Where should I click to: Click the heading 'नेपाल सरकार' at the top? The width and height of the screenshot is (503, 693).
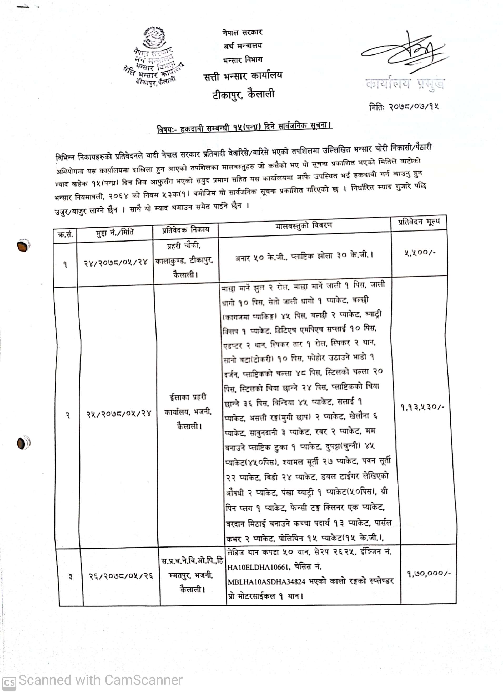coord(242,32)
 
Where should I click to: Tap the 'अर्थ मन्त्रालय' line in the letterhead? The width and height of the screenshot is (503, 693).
coord(243,46)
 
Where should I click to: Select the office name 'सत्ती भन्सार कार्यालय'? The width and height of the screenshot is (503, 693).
coord(243,76)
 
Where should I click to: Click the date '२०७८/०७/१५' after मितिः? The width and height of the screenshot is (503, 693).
coord(414,107)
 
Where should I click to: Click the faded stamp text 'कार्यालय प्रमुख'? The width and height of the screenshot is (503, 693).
coord(405,83)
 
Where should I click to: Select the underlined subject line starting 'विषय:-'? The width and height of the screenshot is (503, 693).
coord(244,127)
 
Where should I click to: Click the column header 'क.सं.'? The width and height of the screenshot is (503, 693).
coord(65,235)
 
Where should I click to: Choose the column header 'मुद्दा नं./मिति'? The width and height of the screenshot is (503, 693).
coord(115,233)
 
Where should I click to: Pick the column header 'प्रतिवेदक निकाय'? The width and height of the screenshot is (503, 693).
coord(186,230)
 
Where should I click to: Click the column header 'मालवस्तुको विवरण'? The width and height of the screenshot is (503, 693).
coord(303,226)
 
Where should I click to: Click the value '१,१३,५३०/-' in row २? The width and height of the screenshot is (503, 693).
coord(422,407)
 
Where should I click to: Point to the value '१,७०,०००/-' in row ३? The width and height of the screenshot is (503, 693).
coord(429,574)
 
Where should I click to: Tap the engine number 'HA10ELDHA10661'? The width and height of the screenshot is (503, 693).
coord(258,567)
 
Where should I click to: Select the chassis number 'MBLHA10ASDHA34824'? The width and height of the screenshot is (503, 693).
coord(266,582)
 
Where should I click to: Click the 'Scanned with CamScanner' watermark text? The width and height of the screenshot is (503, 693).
coord(100,680)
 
